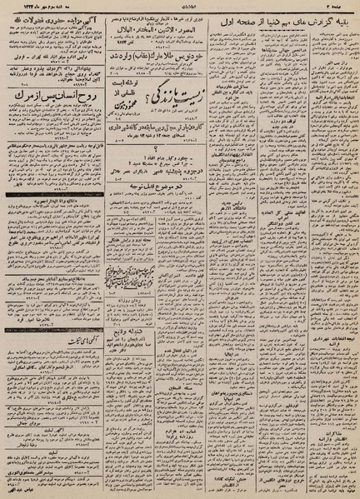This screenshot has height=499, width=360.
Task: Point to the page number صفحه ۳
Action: coord(340,7)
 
